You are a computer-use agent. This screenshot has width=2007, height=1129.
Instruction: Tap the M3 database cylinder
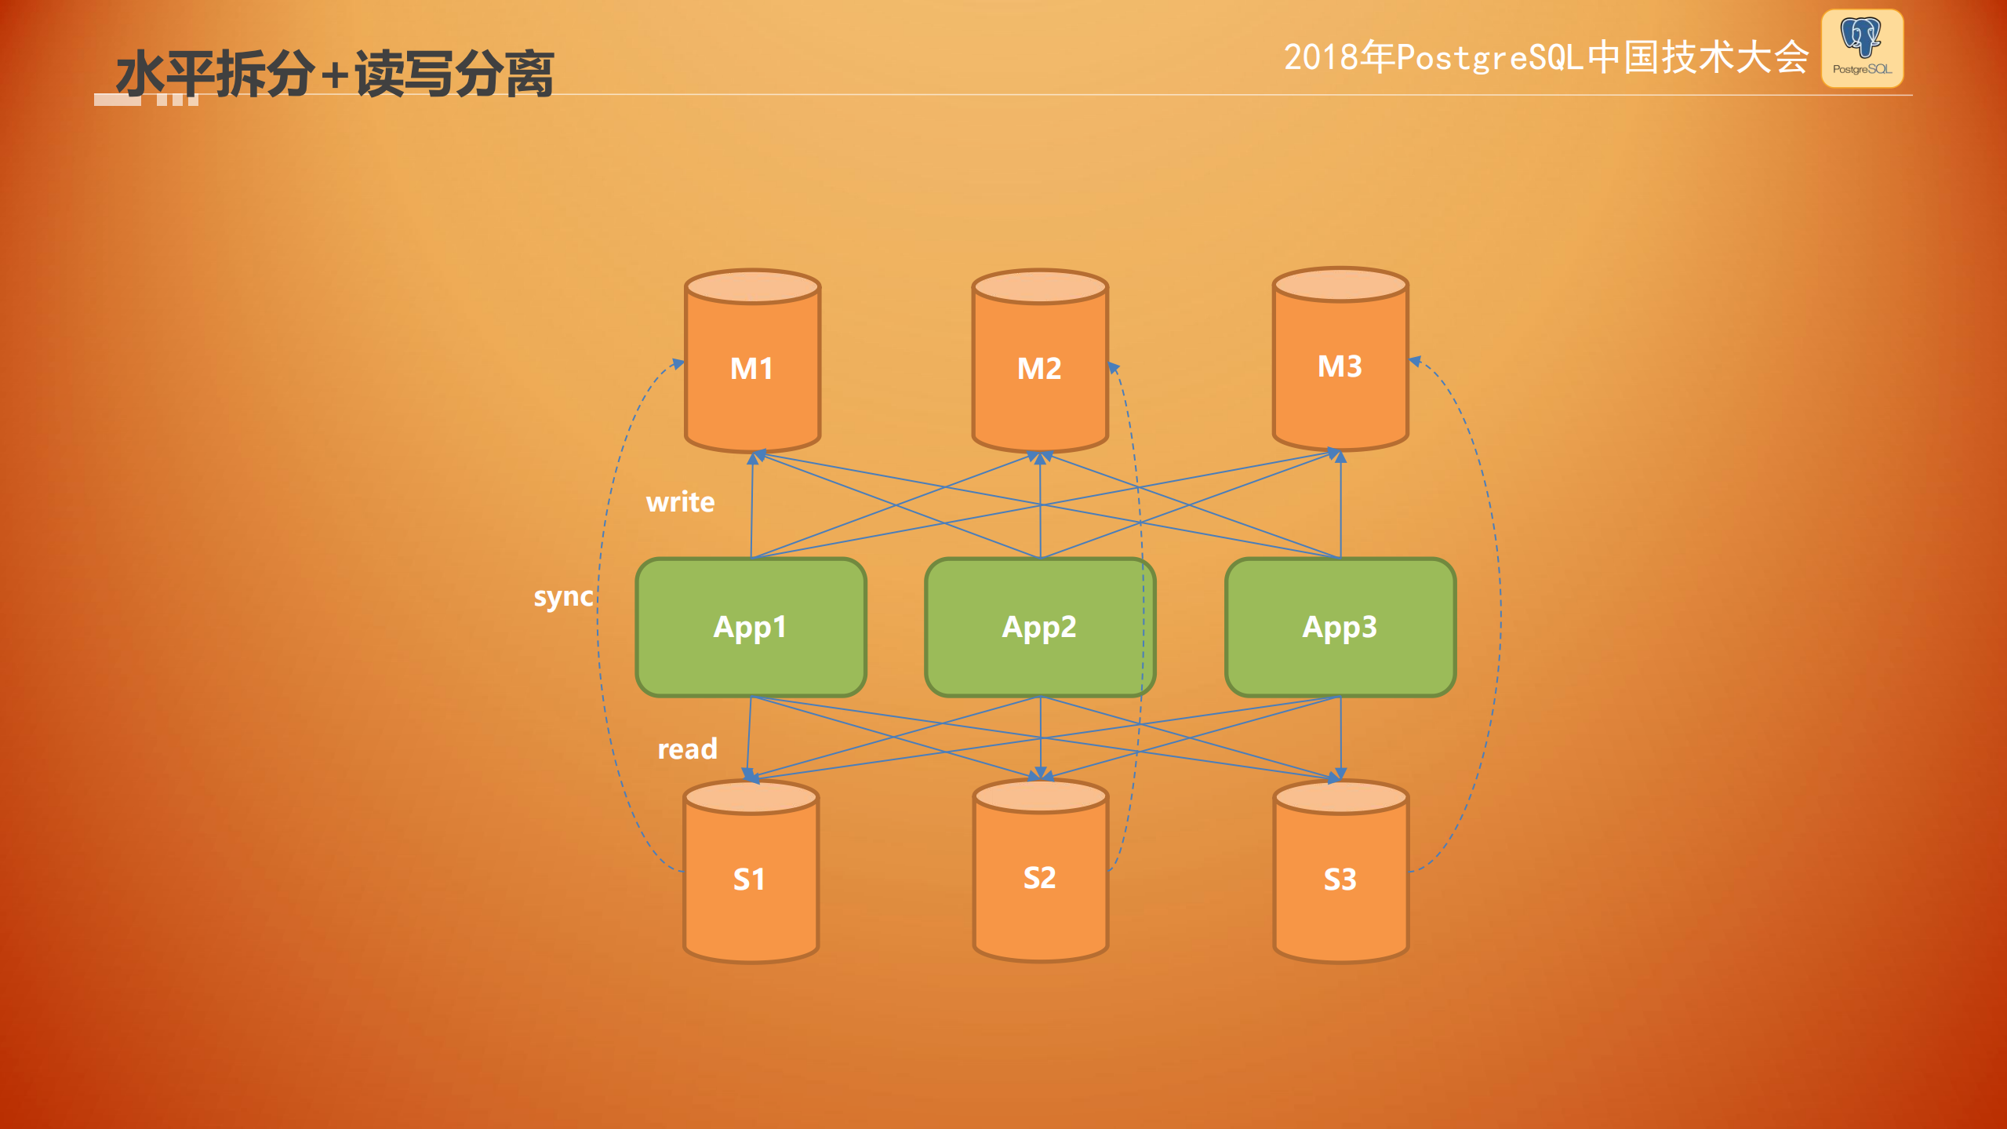pyautogui.click(x=1340, y=366)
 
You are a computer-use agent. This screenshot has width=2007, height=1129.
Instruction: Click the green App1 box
pyautogui.click(x=751, y=627)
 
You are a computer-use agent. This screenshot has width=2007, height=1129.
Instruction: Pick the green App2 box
pyautogui.click(x=1039, y=627)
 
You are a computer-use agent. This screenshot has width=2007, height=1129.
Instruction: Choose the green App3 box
pyautogui.click(x=1340, y=627)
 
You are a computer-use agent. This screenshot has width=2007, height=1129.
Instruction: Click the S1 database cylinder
pyautogui.click(x=750, y=879)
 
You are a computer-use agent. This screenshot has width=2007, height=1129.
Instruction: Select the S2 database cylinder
pyautogui.click(x=1039, y=877)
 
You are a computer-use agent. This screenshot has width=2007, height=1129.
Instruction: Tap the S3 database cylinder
pyautogui.click(x=1340, y=879)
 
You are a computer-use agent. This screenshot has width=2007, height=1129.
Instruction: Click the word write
pyautogui.click(x=680, y=502)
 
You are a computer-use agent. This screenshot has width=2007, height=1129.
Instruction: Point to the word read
pyautogui.click(x=687, y=749)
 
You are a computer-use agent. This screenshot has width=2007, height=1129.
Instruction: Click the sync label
pyautogui.click(x=563, y=597)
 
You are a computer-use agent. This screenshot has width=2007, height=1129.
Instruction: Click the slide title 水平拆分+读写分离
pyautogui.click(x=336, y=74)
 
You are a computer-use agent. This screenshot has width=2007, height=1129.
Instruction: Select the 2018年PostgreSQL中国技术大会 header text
pyautogui.click(x=1545, y=57)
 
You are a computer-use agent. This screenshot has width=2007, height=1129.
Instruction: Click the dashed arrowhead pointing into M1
pyautogui.click(x=678, y=363)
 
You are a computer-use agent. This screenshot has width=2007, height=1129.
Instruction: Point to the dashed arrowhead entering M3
pyautogui.click(x=1415, y=362)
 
